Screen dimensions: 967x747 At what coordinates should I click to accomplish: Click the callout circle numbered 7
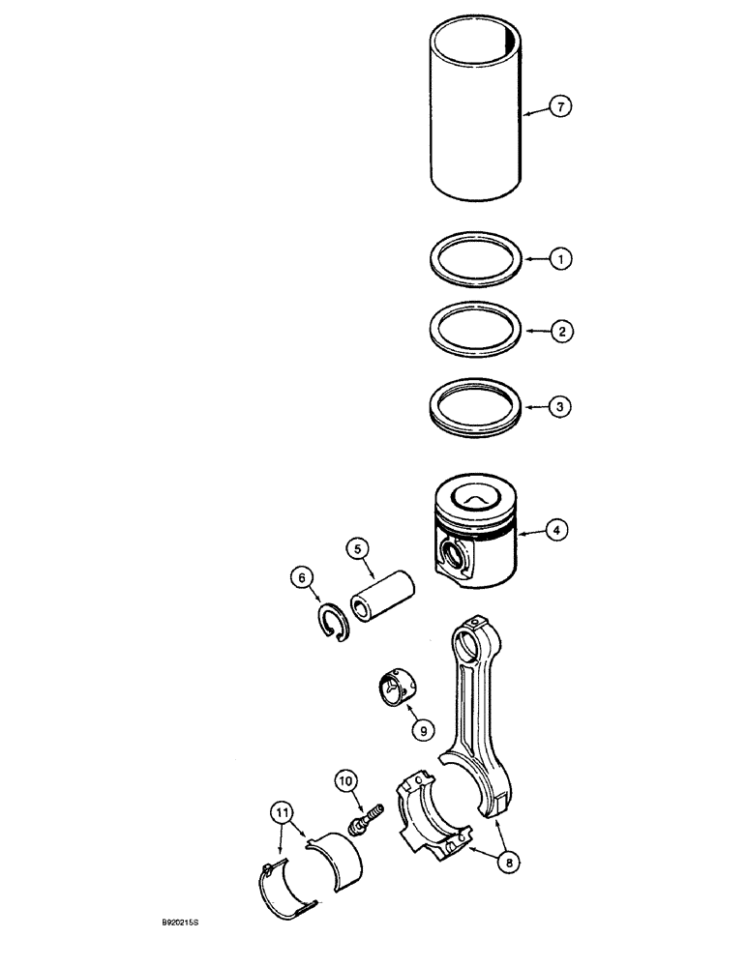(561, 107)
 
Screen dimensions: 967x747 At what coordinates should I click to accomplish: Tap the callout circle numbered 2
(561, 332)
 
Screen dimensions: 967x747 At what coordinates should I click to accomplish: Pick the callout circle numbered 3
(561, 407)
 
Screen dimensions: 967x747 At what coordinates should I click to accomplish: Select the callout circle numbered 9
(422, 730)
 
